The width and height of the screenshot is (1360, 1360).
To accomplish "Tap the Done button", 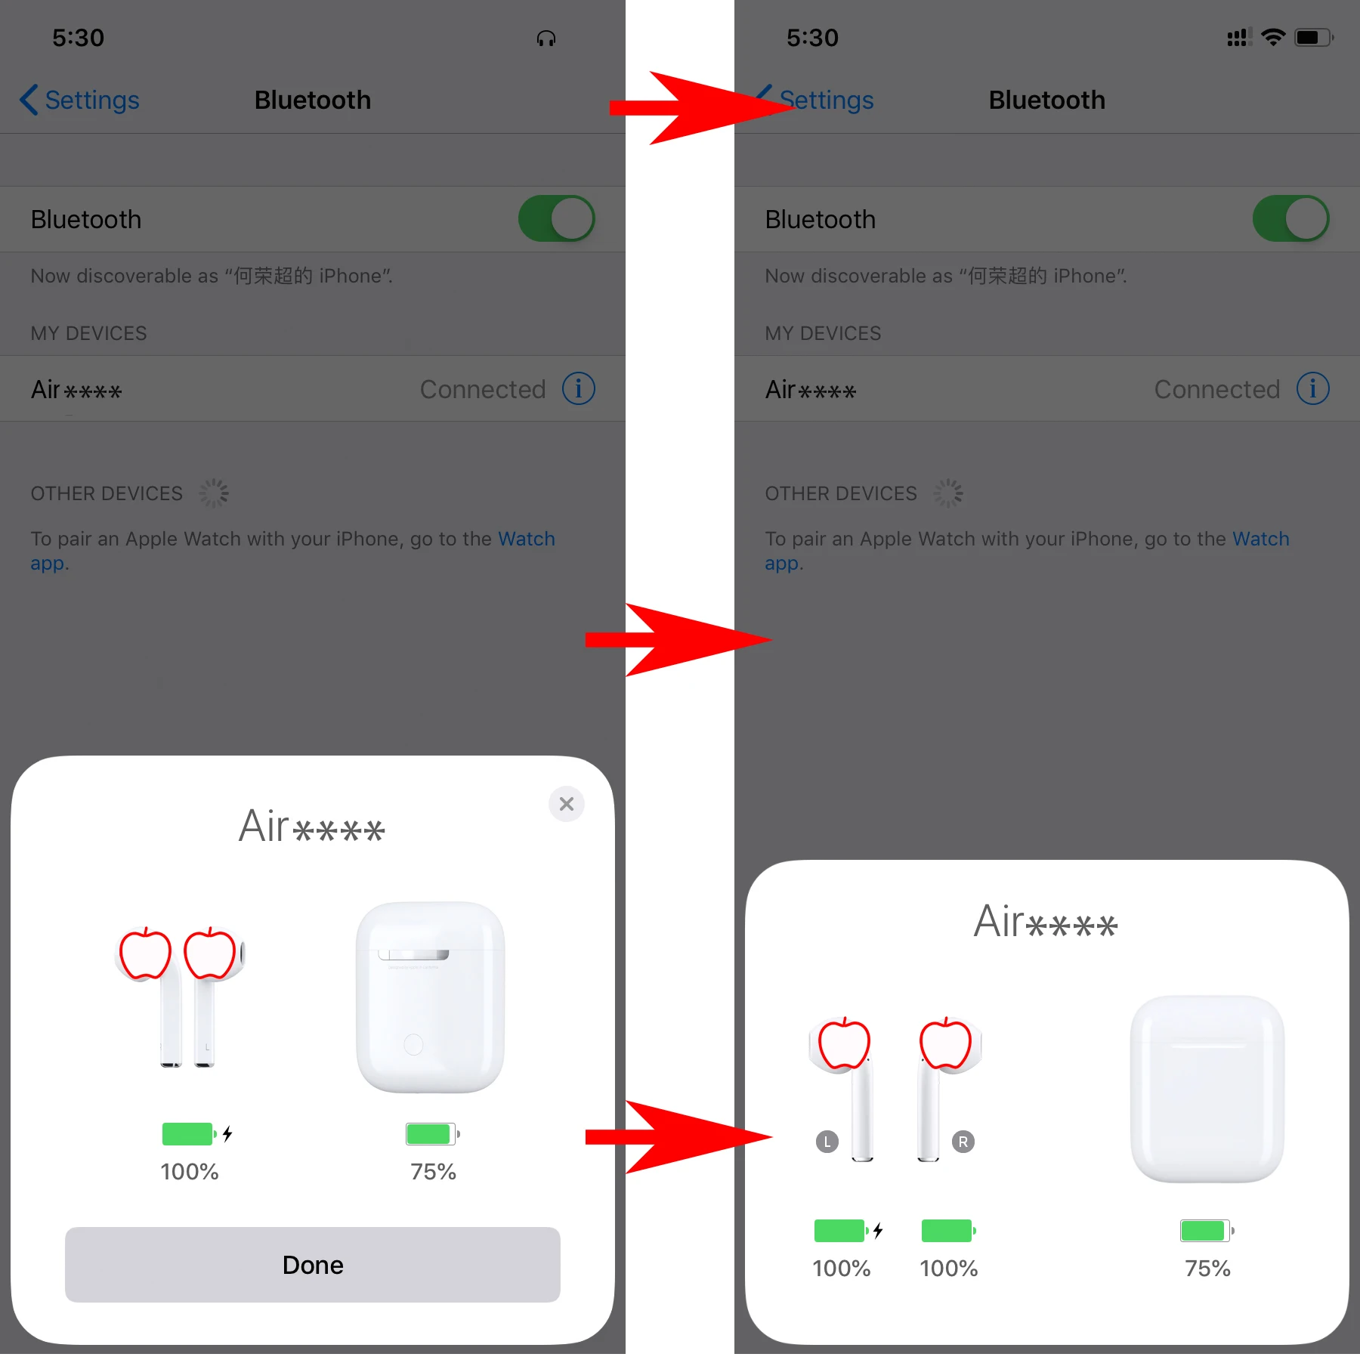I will pos(312,1264).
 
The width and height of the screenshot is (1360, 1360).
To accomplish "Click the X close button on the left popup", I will pos(566,804).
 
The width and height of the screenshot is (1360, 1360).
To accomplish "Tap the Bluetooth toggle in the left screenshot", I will pos(556,219).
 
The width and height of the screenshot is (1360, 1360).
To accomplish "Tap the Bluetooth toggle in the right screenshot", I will pos(1290,219).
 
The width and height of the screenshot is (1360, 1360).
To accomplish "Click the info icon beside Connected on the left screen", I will pos(579,388).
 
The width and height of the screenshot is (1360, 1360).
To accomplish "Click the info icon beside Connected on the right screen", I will pos(1312,388).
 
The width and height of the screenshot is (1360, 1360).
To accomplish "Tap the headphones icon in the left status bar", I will pos(546,39).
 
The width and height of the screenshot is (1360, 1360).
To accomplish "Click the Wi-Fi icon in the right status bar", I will pos(1273,37).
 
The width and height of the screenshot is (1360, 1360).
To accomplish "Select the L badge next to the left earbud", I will pos(827,1142).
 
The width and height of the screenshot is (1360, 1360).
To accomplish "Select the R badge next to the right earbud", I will pos(963,1142).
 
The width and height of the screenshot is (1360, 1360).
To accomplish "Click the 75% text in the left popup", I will pos(433,1172).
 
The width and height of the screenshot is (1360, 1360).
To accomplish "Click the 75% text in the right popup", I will pos(1207,1269).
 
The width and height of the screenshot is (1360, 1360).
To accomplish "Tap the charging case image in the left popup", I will pos(430,997).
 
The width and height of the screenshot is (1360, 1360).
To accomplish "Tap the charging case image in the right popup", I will pos(1207,1090).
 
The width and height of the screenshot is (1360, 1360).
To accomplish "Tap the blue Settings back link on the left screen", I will pos(80,100).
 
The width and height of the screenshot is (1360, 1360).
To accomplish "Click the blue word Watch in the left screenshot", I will pos(527,539).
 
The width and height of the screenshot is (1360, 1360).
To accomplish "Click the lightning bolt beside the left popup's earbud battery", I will pos(227,1133).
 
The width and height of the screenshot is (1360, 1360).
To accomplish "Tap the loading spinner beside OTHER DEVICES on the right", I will pos(947,493).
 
